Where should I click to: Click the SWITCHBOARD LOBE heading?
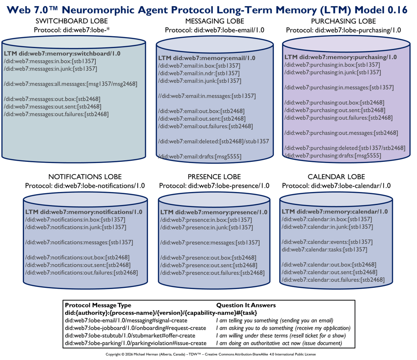click(x=72, y=21)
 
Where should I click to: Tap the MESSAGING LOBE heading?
click(x=214, y=21)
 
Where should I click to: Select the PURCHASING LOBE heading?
click(x=343, y=21)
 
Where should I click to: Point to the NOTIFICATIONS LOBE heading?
click(x=85, y=177)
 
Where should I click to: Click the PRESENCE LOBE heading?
click(x=214, y=177)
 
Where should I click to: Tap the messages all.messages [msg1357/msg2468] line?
click(x=71, y=84)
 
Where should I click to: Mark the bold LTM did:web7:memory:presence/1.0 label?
click(x=214, y=212)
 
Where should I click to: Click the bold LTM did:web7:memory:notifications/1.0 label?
click(x=84, y=212)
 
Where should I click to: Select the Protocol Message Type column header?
click(x=98, y=305)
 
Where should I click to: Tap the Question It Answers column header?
click(x=246, y=305)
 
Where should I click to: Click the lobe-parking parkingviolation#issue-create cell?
click(x=135, y=343)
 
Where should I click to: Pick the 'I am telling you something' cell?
click(x=274, y=320)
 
